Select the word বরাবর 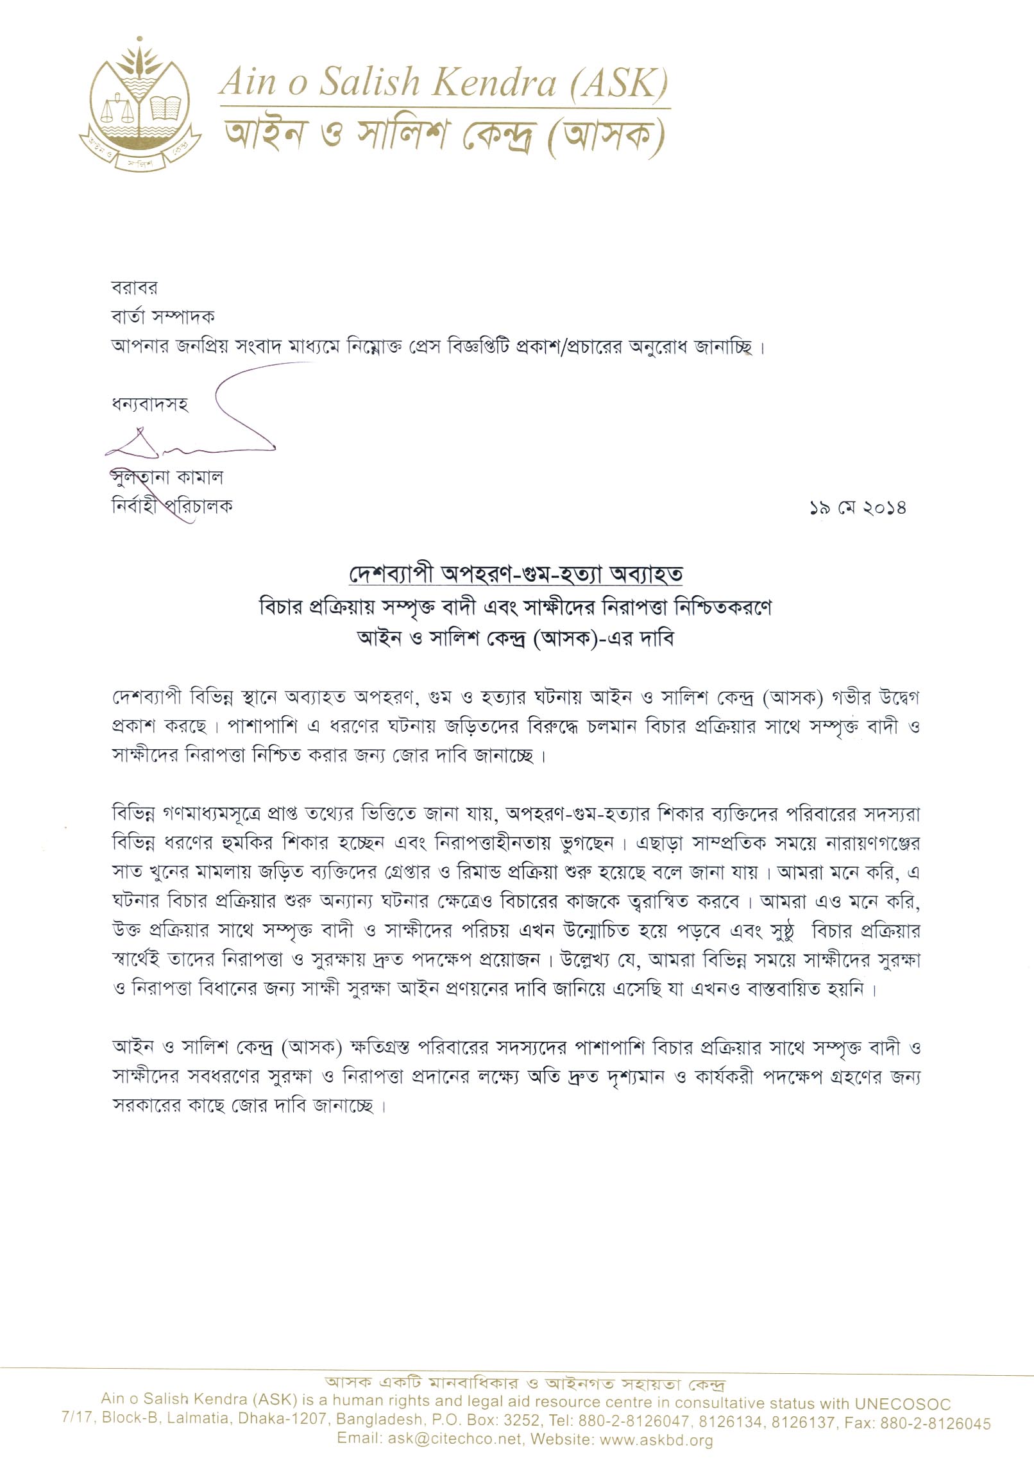click(x=134, y=287)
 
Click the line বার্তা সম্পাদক click(x=163, y=316)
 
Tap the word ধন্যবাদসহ click(x=150, y=405)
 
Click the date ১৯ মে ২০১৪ click(x=857, y=508)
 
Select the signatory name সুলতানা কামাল click(x=167, y=477)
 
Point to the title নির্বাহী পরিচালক click(x=172, y=507)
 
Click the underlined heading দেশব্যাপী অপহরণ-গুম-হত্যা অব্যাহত click(x=516, y=574)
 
